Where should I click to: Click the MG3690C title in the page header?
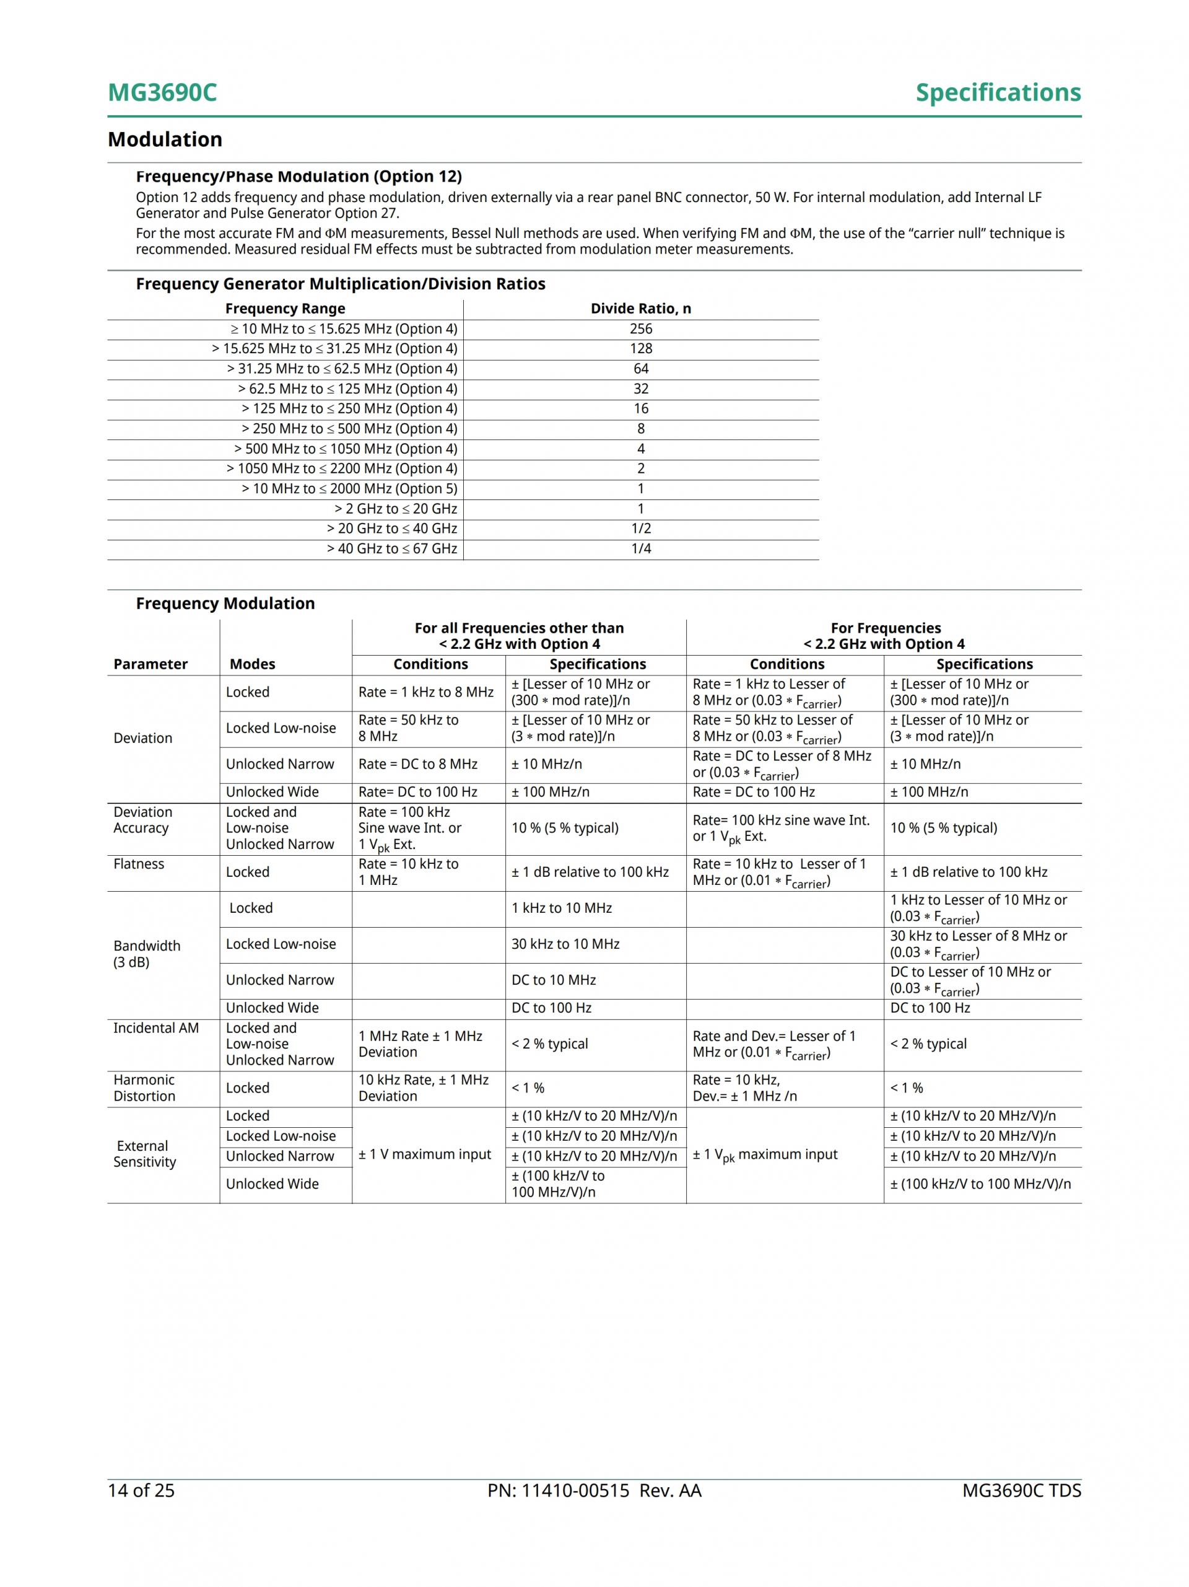point(162,92)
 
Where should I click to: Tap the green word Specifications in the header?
point(998,92)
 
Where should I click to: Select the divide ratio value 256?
point(640,328)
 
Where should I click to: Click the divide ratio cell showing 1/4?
point(640,548)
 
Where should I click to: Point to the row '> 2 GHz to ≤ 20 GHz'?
point(395,509)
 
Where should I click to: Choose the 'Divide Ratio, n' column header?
point(640,309)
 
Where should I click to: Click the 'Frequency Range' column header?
point(285,309)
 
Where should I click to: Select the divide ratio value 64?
point(640,369)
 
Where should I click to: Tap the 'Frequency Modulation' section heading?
point(225,604)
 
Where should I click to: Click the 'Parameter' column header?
point(150,664)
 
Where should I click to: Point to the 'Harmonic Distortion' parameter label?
point(144,1088)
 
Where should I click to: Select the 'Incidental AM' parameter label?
point(155,1027)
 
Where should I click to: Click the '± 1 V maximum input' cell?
point(425,1154)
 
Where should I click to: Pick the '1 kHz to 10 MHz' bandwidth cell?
point(562,908)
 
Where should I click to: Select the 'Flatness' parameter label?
point(138,864)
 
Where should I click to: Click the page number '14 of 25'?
point(141,1490)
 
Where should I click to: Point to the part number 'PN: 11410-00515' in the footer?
point(558,1490)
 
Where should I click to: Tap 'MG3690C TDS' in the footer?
point(1021,1490)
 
